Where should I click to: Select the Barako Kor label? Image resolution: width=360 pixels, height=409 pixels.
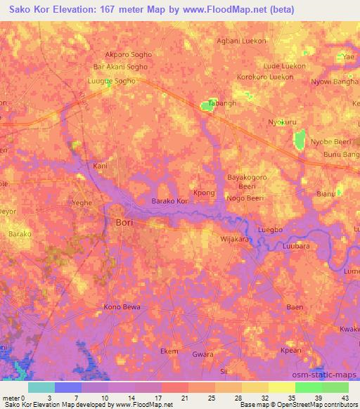(171, 201)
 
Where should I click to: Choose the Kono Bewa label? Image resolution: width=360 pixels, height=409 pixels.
(122, 307)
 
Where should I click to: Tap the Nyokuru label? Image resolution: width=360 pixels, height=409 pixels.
(283, 122)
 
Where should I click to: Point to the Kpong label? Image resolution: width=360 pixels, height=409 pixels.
(204, 191)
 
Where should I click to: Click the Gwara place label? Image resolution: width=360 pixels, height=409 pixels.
(202, 354)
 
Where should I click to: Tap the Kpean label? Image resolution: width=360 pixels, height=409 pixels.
(291, 351)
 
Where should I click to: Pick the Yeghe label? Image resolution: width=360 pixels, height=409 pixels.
(82, 202)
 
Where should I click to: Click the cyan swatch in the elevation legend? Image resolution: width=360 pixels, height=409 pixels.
(41, 387)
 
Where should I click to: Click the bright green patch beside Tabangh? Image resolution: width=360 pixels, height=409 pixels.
(208, 106)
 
